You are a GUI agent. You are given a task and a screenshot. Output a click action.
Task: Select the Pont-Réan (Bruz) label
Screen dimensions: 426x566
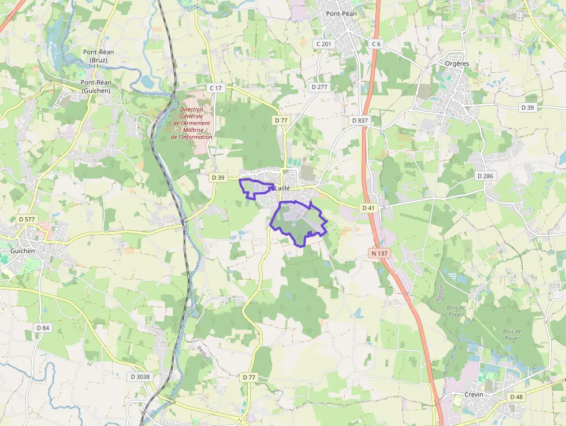(98, 56)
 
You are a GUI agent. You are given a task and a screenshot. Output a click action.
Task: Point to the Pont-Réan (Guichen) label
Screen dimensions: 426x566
(96, 86)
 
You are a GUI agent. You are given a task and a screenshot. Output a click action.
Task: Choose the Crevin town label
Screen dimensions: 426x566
(474, 394)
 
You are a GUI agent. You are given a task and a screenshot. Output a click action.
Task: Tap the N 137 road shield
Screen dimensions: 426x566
(379, 253)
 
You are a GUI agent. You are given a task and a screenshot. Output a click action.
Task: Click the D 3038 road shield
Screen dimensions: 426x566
(140, 376)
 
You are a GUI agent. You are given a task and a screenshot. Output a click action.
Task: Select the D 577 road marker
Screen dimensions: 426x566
(27, 219)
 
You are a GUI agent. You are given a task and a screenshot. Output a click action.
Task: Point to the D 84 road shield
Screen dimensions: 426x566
(43, 328)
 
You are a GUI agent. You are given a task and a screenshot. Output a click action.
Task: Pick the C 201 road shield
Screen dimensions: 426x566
(324, 44)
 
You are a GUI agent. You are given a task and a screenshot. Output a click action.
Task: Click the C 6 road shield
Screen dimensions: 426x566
(376, 44)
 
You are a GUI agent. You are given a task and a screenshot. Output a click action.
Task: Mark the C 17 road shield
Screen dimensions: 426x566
(215, 87)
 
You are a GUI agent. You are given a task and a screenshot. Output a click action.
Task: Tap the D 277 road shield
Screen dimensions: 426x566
(319, 87)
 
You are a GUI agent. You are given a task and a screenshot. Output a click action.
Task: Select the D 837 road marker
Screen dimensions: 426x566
(359, 120)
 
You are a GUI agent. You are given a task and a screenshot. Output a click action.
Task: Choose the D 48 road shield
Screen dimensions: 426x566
(516, 397)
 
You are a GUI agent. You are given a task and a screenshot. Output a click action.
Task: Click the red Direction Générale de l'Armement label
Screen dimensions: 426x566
(195, 123)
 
